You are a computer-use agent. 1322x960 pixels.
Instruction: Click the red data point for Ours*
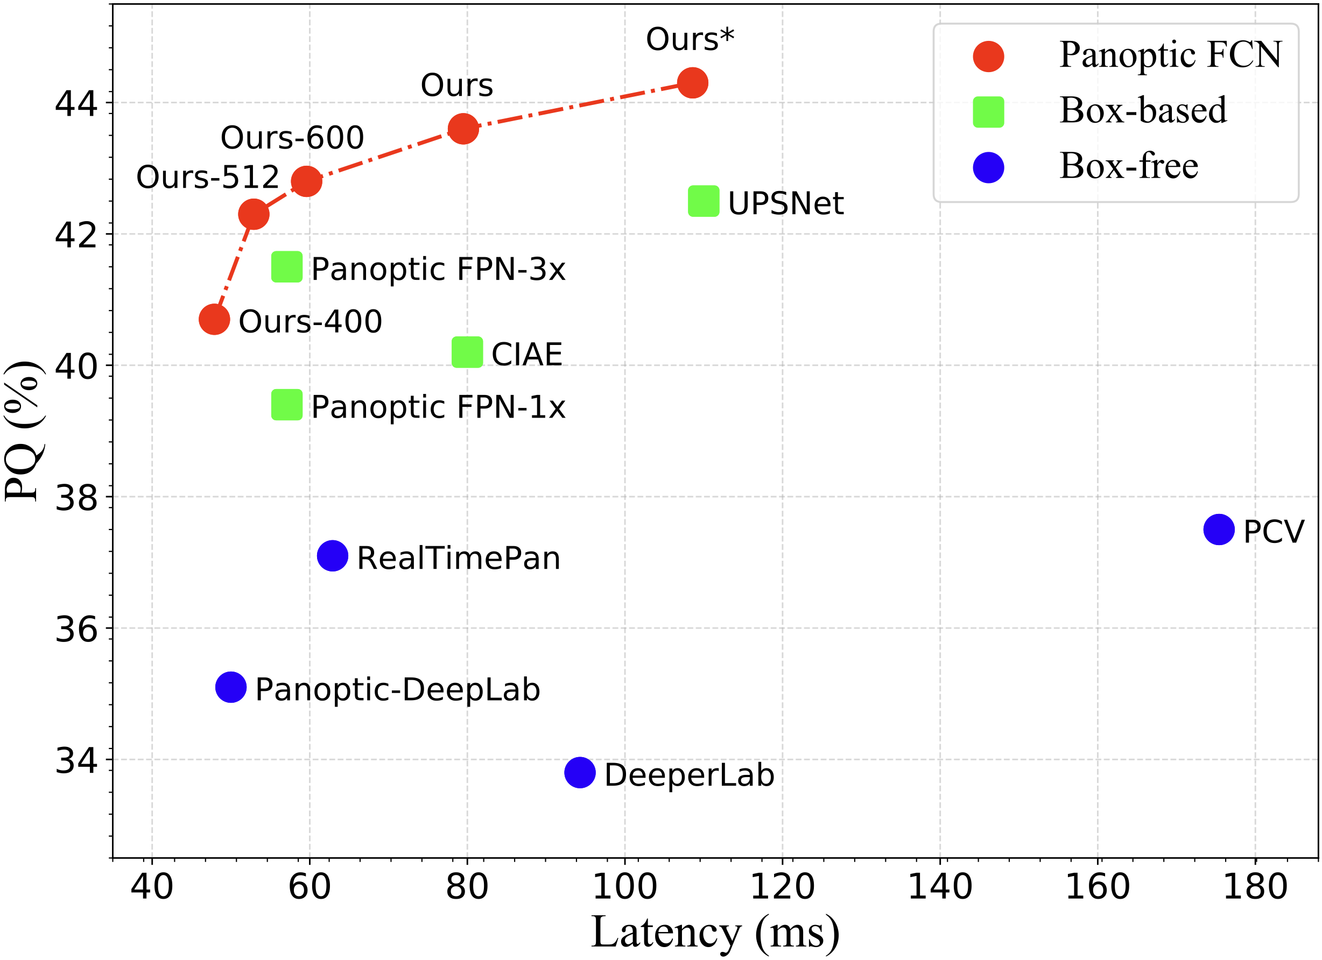(692, 83)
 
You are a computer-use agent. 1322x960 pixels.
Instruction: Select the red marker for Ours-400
(214, 320)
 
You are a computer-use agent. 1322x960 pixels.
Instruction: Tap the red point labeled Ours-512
(254, 214)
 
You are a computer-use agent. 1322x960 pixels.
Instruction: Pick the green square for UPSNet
(704, 201)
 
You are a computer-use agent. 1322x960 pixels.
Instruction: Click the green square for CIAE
(467, 352)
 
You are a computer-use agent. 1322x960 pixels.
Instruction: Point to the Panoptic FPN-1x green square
(287, 405)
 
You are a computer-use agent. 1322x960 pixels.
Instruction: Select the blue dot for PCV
(1219, 530)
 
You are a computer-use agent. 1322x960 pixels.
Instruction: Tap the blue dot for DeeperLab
(579, 773)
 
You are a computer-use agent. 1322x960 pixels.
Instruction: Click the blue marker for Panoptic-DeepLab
(231, 687)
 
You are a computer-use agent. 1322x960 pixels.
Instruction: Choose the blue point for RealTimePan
(332, 555)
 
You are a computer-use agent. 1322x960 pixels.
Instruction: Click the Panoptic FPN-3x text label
(438, 269)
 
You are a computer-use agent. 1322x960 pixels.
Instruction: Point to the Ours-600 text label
(292, 138)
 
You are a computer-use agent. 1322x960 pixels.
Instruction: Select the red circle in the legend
(989, 57)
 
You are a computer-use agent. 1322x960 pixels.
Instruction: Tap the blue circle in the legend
(989, 167)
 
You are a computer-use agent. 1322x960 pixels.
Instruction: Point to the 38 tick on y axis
(76, 498)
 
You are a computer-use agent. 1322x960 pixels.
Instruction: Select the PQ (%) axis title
(23, 432)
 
